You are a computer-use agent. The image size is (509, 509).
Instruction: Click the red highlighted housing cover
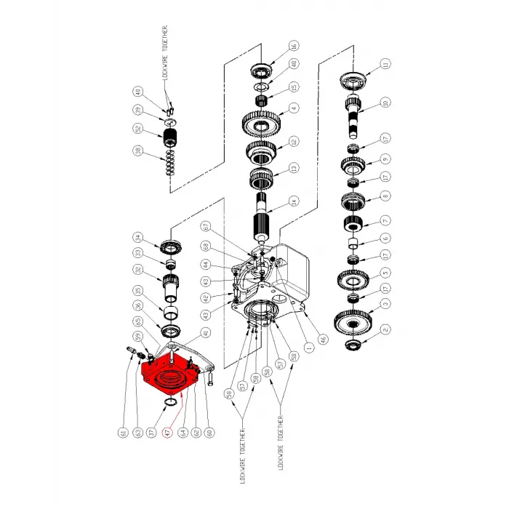170,374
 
